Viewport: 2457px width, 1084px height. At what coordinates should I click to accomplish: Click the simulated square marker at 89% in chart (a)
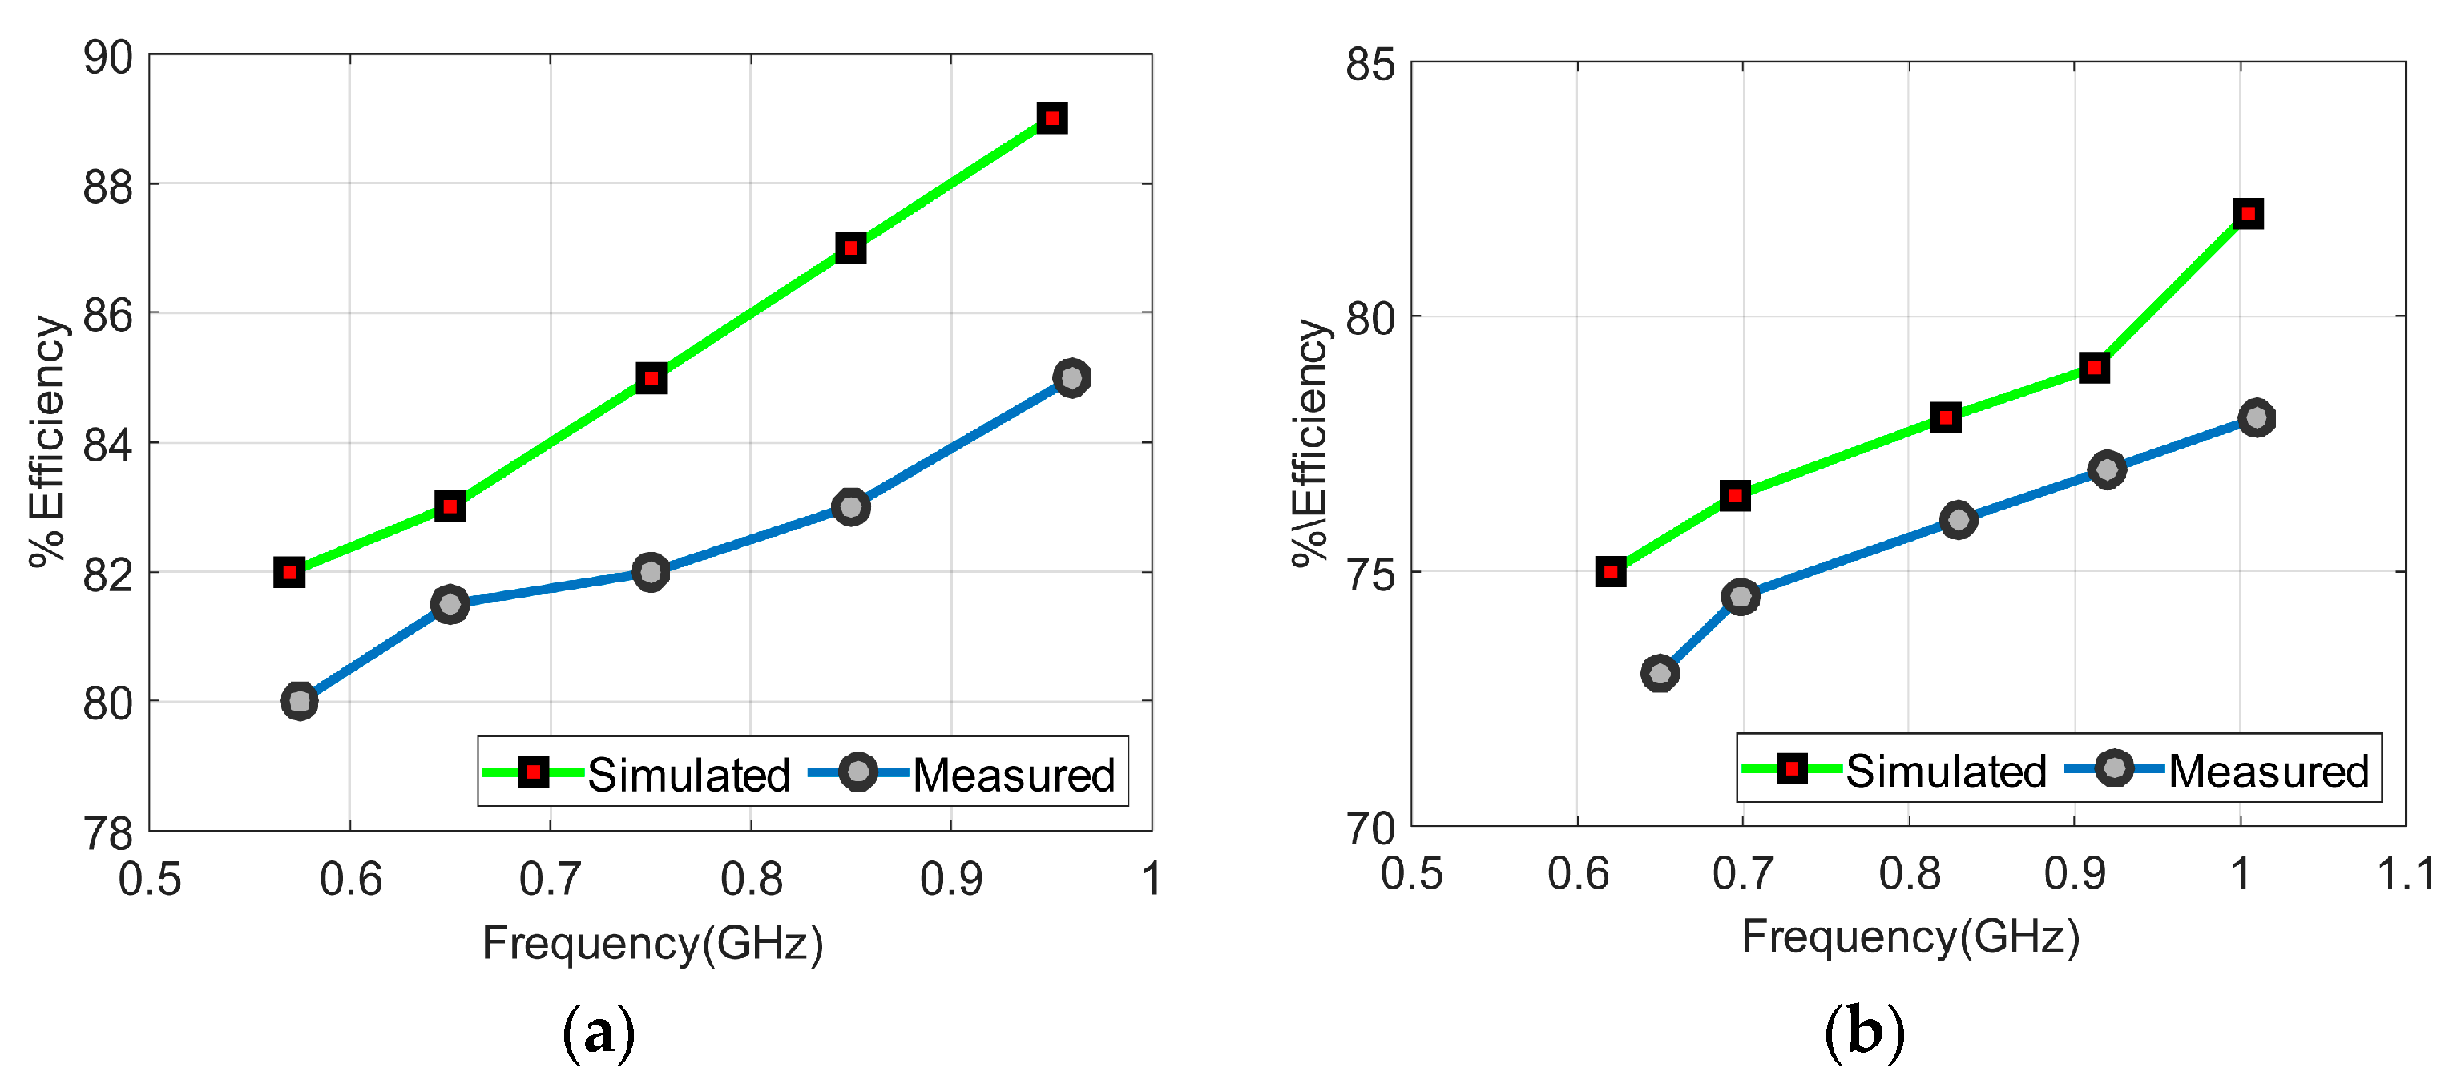coord(1051,119)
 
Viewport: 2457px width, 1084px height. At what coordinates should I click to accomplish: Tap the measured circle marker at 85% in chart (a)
coord(1071,378)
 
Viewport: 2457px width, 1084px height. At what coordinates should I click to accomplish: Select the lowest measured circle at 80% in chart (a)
coord(300,702)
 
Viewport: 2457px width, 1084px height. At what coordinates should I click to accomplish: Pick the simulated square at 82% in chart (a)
coord(289,572)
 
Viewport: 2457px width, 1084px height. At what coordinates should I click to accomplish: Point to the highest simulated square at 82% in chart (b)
coord(2248,214)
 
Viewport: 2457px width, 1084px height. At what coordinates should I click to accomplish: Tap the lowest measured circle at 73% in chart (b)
coord(1660,673)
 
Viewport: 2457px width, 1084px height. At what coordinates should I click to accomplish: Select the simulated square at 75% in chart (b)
coord(1610,572)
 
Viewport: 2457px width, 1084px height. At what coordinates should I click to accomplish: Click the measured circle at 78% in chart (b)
coord(2256,417)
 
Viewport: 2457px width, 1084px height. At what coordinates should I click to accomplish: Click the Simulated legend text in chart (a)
coord(688,774)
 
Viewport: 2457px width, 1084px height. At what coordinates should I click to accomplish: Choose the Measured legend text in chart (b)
coord(2268,770)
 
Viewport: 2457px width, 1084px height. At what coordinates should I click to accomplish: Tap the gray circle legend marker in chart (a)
coord(857,772)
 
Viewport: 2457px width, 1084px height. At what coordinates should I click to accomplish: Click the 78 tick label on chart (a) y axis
coord(107,834)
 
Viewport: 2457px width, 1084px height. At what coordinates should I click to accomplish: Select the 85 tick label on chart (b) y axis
coord(1370,66)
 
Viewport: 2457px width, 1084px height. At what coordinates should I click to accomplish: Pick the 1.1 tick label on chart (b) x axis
coord(2406,873)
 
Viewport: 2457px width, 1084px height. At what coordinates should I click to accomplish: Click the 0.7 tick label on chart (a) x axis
coord(550,878)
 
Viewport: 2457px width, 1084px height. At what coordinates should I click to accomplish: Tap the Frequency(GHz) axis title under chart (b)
coord(1910,937)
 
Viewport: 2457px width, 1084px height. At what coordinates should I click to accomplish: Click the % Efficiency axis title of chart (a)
coord(48,442)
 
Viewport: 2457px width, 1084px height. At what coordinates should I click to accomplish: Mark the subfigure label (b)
coord(1864,1033)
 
